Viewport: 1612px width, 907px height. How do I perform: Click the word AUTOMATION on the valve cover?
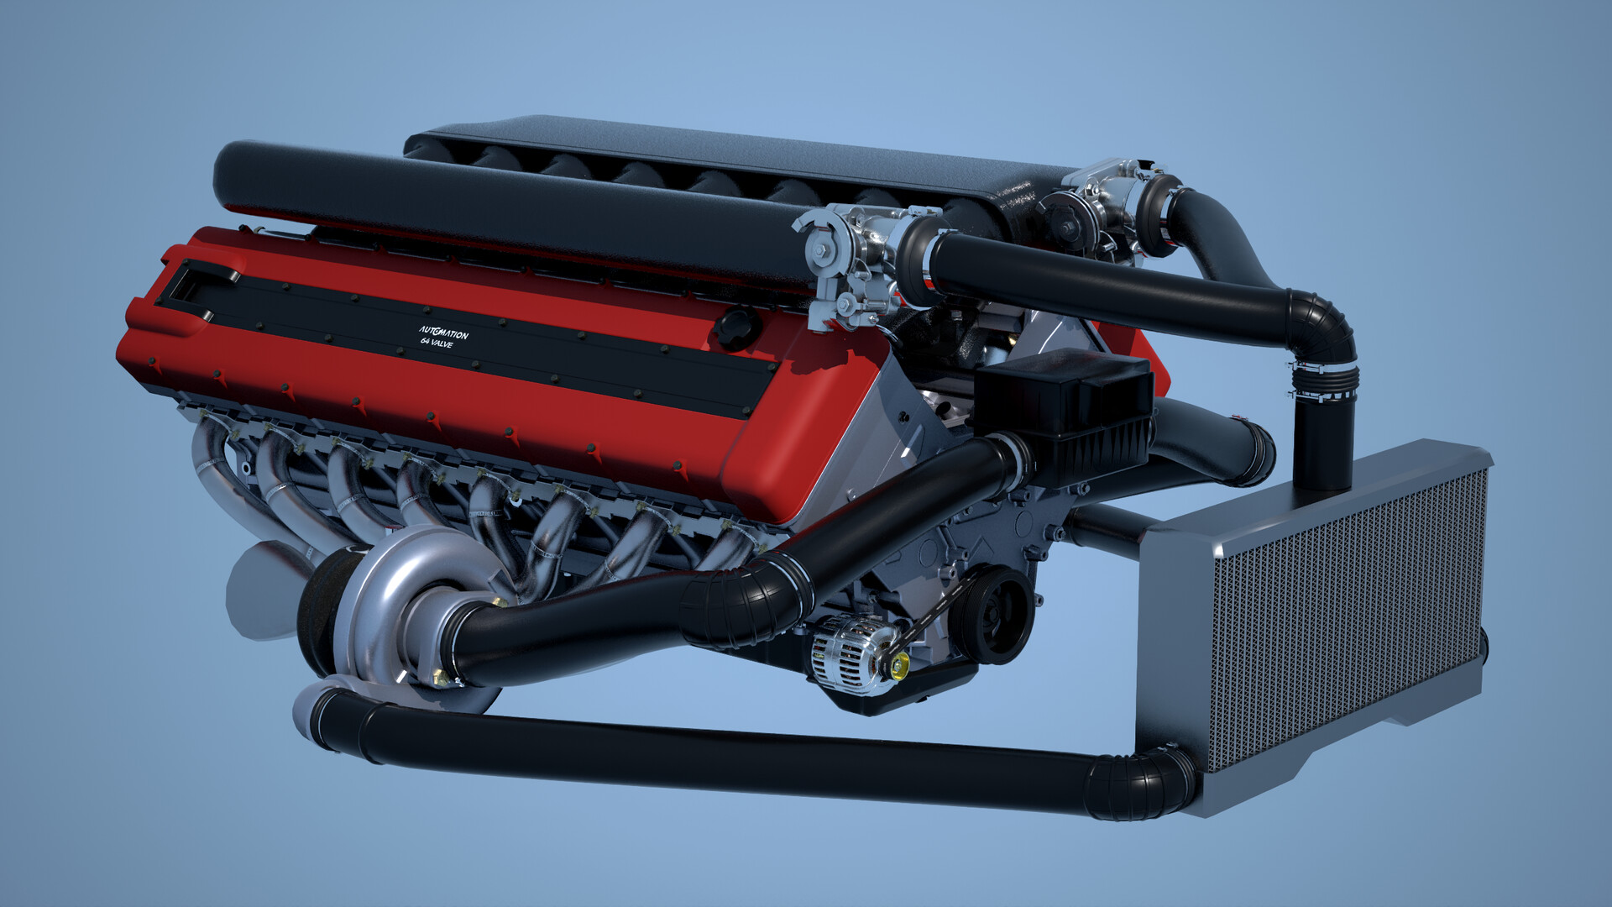pyautogui.click(x=444, y=332)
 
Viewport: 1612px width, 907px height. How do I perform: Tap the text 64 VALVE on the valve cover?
pyautogui.click(x=437, y=343)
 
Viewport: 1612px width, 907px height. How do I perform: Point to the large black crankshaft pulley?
pyautogui.click(x=992, y=614)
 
